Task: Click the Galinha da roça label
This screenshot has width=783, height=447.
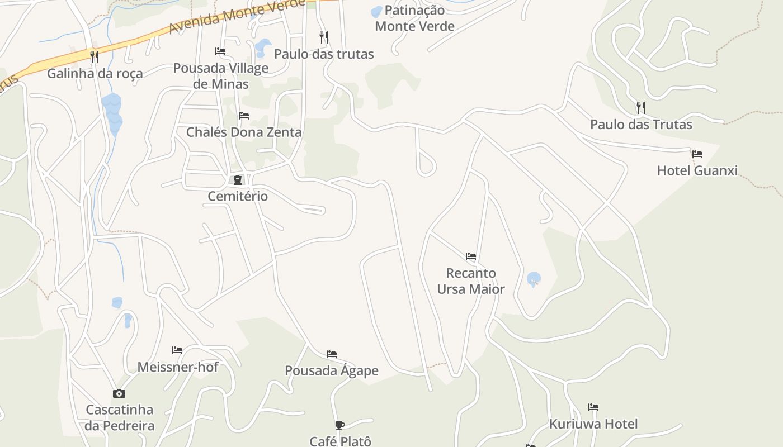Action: point(95,73)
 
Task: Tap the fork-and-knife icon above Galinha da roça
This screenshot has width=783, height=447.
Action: point(95,56)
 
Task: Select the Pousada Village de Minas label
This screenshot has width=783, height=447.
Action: point(220,76)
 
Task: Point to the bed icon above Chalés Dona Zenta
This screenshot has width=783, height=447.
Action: point(244,116)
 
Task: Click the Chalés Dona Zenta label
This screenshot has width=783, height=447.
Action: point(244,132)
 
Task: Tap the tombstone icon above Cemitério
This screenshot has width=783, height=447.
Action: point(238,180)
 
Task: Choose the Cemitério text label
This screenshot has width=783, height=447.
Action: point(238,196)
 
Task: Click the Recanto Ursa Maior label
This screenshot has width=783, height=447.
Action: point(471,281)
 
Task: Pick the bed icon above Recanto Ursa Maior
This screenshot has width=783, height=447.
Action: point(471,256)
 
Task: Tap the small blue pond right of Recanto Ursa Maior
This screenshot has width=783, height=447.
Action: point(534,278)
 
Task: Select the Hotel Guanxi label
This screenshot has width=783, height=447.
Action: point(697,170)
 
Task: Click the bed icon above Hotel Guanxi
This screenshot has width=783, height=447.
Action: point(697,154)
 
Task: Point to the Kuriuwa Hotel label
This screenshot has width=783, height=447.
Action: point(593,424)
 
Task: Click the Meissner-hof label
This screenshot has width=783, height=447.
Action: point(178,367)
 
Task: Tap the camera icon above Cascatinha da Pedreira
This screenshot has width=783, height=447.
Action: point(119,393)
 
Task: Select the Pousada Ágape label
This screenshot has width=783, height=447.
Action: point(332,370)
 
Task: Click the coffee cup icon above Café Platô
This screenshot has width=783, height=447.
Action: point(340,426)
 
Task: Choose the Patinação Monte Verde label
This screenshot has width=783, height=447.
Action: point(414,18)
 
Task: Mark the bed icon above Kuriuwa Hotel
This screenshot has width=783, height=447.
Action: point(593,407)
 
